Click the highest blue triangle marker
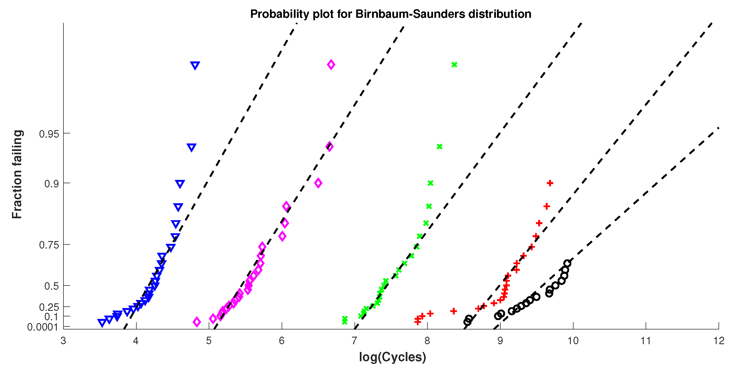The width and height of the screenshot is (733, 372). click(195, 65)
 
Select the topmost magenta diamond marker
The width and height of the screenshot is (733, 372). click(331, 65)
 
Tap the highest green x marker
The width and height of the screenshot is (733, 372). click(454, 65)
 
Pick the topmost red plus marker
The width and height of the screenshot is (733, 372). click(550, 183)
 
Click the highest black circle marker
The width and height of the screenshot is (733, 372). click(567, 264)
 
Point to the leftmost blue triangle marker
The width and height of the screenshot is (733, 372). click(102, 323)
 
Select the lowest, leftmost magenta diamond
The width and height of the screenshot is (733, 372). click(197, 322)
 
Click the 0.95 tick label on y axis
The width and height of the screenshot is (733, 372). click(49, 134)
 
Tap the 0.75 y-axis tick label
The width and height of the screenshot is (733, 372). click(49, 245)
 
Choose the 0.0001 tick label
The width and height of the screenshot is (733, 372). click(42, 327)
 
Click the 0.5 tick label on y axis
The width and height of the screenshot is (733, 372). click(51, 286)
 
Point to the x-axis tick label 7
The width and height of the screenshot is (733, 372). click(354, 341)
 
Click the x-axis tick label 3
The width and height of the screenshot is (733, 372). click(63, 341)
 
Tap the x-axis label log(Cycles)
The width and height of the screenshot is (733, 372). click(392, 357)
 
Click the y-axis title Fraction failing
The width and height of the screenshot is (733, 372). click(17, 174)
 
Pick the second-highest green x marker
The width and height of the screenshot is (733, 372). click(439, 147)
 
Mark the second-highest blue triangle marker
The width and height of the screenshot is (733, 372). click(191, 147)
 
